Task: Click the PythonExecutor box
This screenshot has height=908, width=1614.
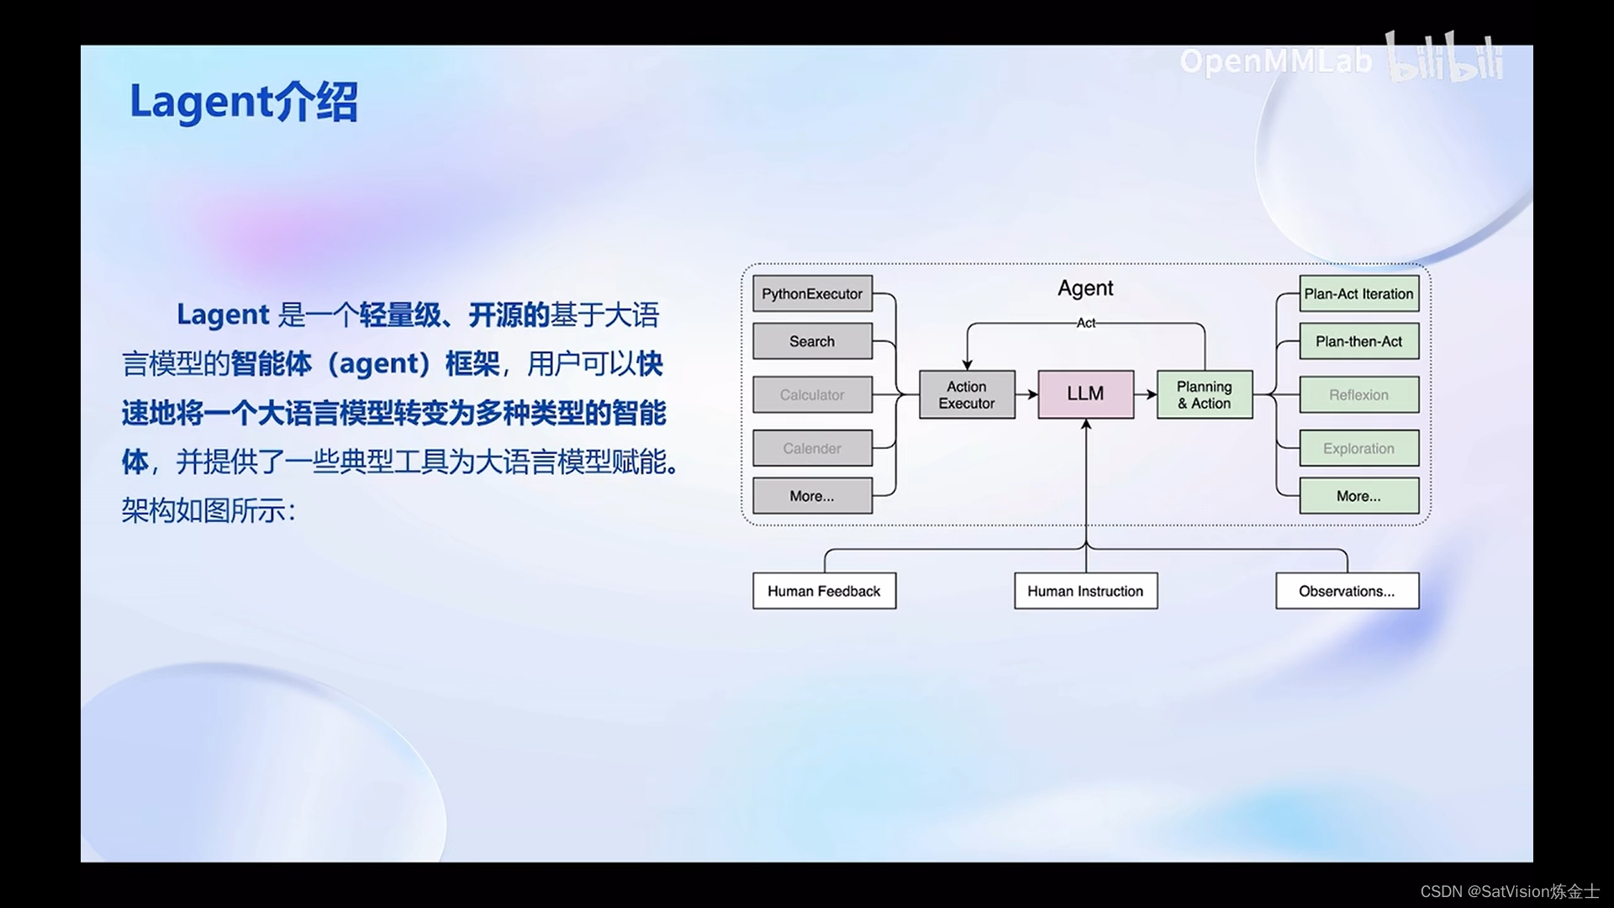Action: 812,293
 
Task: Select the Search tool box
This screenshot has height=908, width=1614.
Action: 812,341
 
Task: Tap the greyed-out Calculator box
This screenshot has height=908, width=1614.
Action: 812,394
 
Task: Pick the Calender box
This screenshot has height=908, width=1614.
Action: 812,448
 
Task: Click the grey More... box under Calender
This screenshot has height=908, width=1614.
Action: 812,496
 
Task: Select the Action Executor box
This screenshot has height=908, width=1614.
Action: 967,394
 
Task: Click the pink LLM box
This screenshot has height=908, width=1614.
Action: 1085,393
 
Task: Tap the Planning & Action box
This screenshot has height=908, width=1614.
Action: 1204,394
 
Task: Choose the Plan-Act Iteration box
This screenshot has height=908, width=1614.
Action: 1358,293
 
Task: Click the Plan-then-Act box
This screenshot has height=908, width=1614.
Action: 1358,341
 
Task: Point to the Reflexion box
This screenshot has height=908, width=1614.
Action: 1358,394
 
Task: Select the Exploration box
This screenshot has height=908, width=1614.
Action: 1358,448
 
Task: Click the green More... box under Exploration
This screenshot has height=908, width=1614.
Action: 1358,496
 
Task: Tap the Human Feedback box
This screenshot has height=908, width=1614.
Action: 824,591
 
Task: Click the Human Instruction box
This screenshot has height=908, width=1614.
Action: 1085,591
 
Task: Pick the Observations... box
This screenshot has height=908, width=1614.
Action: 1347,591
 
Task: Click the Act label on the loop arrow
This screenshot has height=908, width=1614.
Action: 1086,323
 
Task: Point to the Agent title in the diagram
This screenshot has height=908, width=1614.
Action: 1085,288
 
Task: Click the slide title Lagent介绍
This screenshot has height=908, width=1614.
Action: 244,102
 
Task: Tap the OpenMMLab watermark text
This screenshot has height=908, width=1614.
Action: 1275,61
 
